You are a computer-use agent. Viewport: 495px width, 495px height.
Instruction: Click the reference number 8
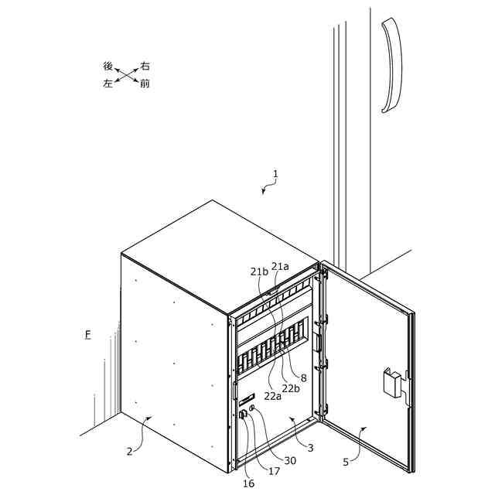(x=304, y=378)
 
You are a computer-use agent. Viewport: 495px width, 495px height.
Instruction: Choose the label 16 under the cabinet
(x=248, y=484)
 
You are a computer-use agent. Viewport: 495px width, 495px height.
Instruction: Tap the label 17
(x=274, y=470)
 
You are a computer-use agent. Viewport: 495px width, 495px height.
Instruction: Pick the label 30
(x=290, y=460)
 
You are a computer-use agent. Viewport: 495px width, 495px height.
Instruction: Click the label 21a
(x=280, y=266)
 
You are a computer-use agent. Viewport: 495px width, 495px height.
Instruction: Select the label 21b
(x=259, y=271)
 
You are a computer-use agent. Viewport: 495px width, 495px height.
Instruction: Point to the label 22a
(x=273, y=395)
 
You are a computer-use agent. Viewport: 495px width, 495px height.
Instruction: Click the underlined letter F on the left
(x=88, y=335)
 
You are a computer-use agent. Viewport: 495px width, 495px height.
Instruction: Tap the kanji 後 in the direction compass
(x=108, y=67)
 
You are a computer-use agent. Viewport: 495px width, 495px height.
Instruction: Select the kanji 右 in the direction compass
(x=145, y=67)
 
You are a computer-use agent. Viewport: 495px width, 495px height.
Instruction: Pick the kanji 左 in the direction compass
(x=108, y=83)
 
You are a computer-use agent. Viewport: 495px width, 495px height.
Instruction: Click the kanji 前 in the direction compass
(x=145, y=84)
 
